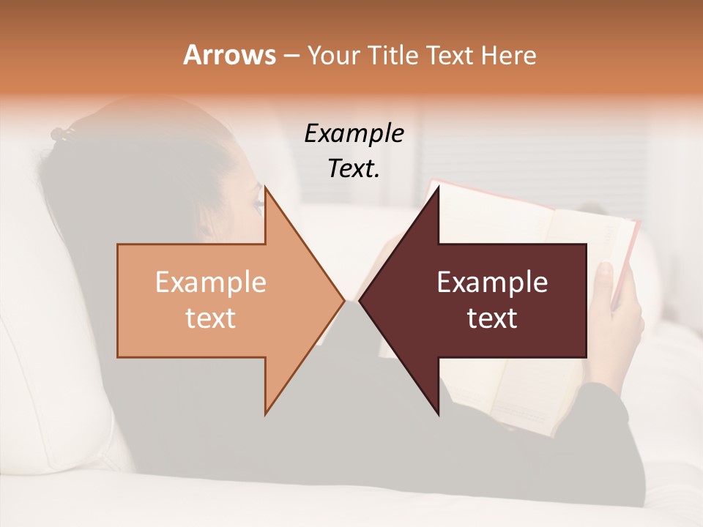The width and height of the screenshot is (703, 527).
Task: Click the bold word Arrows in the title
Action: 229,55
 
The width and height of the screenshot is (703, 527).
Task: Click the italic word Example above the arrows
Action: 354,133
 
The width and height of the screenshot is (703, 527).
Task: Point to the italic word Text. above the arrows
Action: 354,168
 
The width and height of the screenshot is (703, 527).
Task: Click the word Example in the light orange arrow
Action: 210,283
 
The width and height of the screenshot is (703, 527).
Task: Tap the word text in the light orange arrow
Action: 210,318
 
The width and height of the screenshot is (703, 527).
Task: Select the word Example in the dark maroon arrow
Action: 492,283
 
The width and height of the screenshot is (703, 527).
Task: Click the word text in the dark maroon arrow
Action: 492,318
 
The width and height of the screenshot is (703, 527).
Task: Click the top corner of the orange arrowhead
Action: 266,188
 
